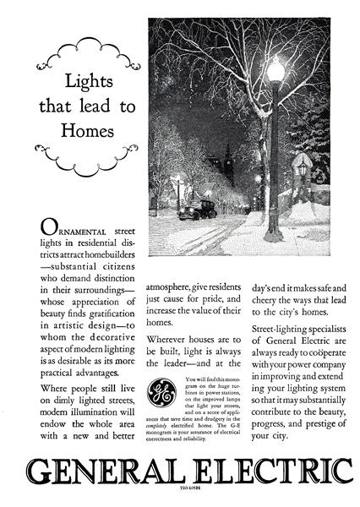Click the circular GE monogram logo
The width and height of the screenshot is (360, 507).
point(161,394)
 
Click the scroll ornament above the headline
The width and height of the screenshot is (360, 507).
point(85,53)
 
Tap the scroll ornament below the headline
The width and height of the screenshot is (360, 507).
point(85,155)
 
